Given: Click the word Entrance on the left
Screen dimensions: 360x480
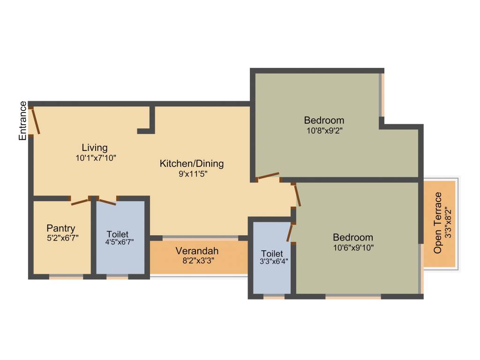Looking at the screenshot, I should click(x=22, y=120).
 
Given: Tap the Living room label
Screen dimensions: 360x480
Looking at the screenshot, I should click(x=95, y=148).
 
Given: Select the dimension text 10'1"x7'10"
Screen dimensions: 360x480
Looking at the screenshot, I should click(x=96, y=158).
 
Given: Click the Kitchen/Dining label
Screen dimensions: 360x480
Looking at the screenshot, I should click(x=192, y=164).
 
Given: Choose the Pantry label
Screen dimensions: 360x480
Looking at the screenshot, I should click(x=60, y=228).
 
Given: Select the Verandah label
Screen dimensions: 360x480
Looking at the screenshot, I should click(x=197, y=250).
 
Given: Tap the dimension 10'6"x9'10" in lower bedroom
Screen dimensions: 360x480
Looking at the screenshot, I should click(x=353, y=247).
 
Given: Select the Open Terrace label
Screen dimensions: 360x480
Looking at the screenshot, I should click(x=438, y=223).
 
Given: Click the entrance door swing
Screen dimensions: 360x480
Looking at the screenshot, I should click(x=34, y=120).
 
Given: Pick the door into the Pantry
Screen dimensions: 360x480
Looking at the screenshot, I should click(x=80, y=202).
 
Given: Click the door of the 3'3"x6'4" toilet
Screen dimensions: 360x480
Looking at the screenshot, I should click(x=290, y=232).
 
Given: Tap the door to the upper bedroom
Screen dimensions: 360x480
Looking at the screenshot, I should click(x=268, y=176).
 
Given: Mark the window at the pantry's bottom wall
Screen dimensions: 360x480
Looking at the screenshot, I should click(x=66, y=277).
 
